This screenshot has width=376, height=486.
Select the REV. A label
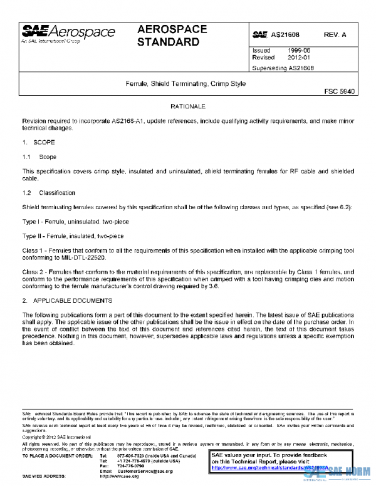pos(335,34)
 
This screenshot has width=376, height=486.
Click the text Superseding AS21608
pos(283,68)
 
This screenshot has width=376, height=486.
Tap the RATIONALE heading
pos(187,107)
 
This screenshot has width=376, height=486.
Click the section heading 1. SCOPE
pos(38,143)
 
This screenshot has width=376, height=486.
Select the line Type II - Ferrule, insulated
pos(73,236)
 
